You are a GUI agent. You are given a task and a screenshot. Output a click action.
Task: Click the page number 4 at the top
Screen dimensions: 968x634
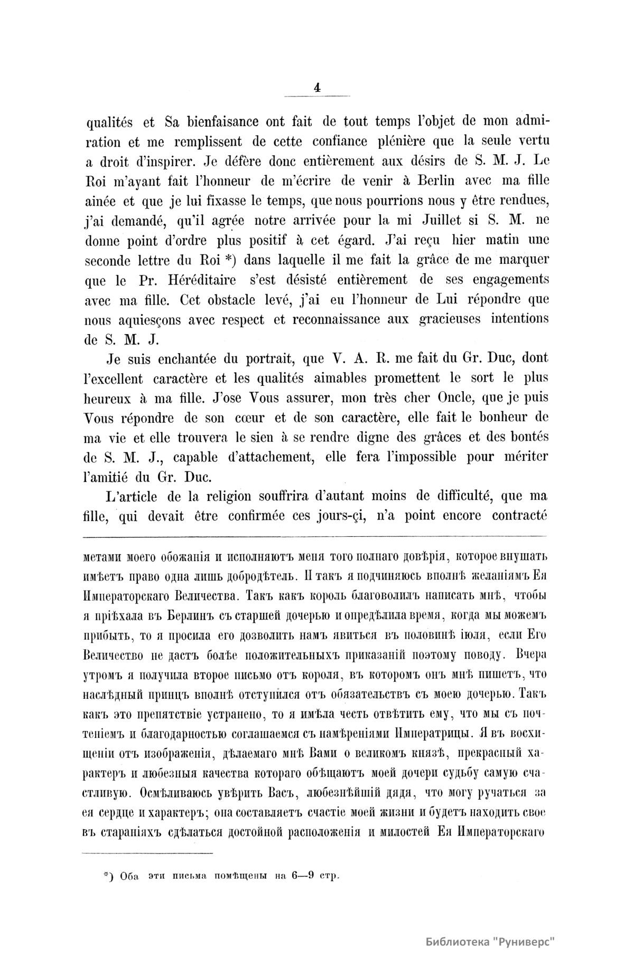317,89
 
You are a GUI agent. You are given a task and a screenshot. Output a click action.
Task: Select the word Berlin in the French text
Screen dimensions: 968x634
407,181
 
